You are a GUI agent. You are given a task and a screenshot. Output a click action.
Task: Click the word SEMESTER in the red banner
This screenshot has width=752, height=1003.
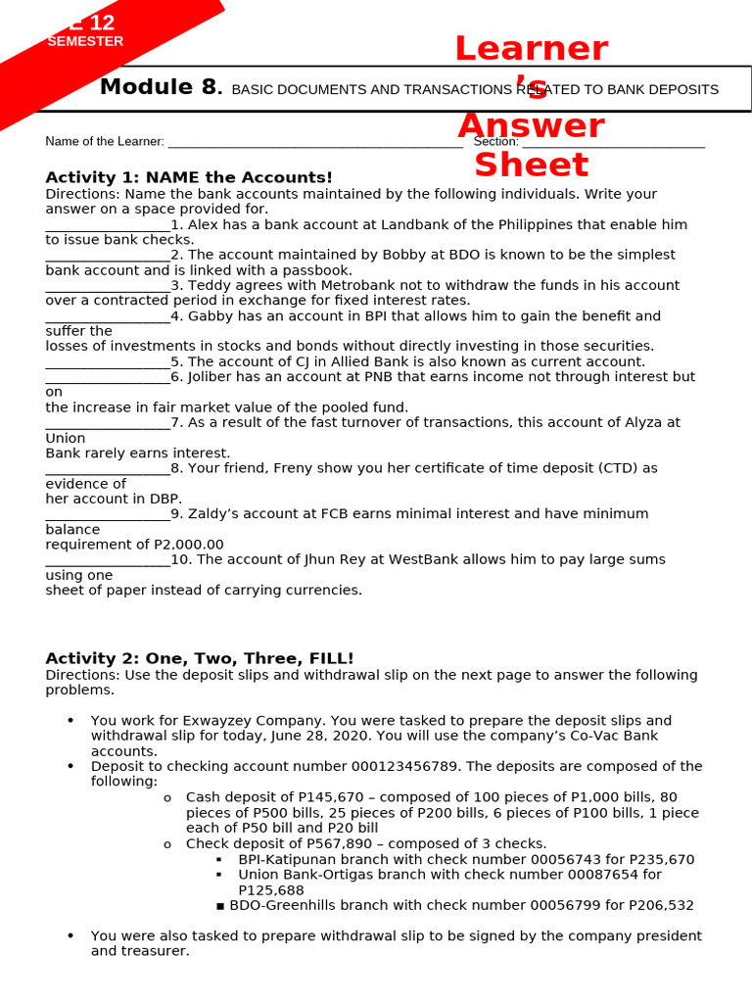click(x=85, y=41)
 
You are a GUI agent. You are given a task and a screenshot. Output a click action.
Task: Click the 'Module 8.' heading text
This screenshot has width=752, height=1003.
click(x=161, y=88)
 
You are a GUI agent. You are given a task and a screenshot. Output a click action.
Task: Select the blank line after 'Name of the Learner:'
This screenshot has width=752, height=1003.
click(x=314, y=143)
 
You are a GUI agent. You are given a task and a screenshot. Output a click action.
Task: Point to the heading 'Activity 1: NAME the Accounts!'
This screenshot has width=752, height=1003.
click(x=189, y=177)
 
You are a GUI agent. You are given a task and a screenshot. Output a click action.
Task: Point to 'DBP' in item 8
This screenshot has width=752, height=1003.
click(x=165, y=499)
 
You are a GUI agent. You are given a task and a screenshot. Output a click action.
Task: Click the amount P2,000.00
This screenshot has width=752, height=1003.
click(x=189, y=545)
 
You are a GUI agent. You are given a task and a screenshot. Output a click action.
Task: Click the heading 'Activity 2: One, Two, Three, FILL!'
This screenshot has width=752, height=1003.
click(x=200, y=658)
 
